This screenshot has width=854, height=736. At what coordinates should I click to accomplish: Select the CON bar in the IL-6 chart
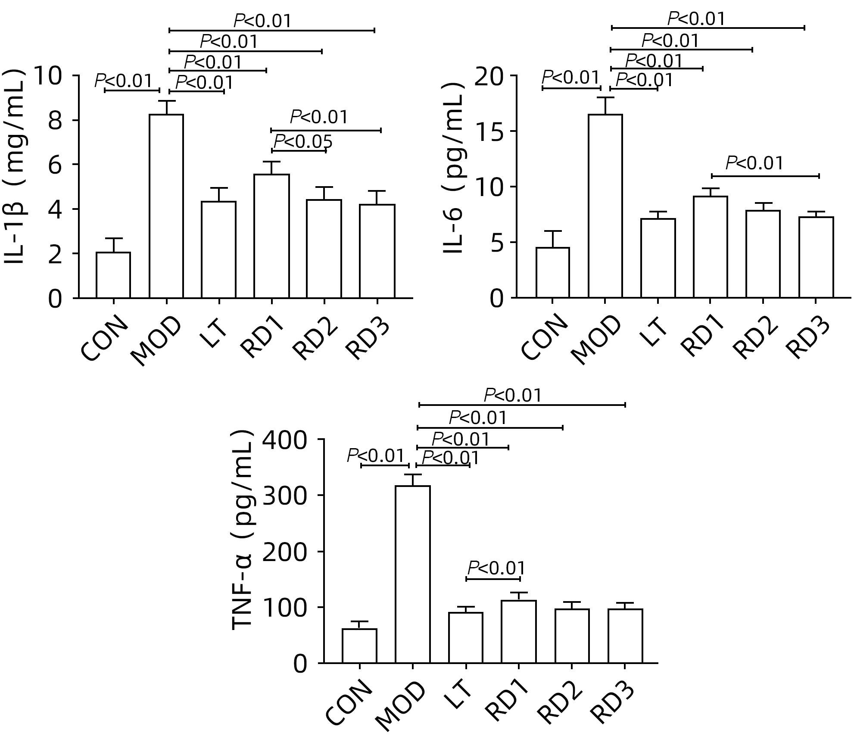552,272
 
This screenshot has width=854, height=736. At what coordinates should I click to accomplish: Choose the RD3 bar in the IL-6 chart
816,257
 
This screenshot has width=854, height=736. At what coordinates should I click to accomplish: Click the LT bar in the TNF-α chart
466,638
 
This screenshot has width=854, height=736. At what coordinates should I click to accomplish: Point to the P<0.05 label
303,141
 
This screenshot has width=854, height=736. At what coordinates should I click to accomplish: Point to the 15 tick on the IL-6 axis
489,132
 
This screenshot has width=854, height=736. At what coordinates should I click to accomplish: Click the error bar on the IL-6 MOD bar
605,106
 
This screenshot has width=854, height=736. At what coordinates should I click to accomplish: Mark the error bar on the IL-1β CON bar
113,245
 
